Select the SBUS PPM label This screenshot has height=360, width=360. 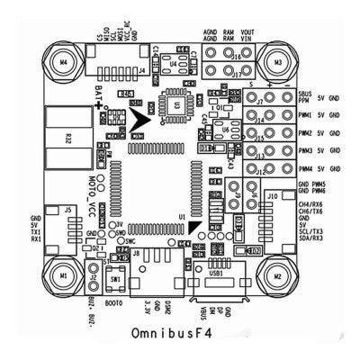click(x=306, y=96)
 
